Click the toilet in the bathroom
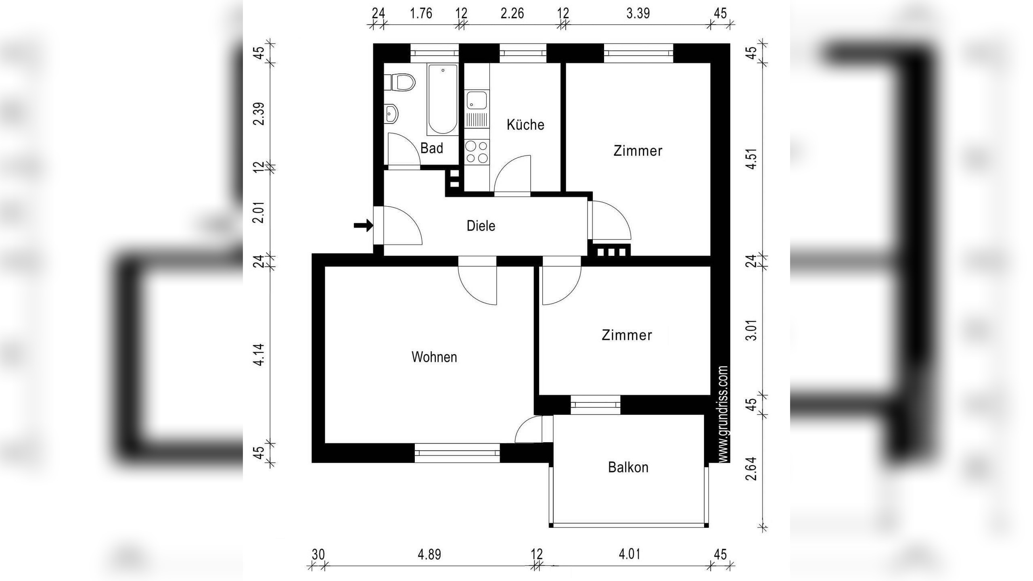point(401,82)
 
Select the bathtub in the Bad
point(443,99)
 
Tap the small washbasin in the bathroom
point(392,113)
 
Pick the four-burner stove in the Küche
point(477,152)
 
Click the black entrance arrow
point(363,226)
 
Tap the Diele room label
point(481,226)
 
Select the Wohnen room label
point(434,357)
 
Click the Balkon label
point(628,467)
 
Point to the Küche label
point(525,125)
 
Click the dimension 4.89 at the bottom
point(429,554)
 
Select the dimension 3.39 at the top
point(638,13)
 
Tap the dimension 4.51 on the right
point(751,159)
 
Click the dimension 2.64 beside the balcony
point(751,468)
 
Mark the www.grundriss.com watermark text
point(723,414)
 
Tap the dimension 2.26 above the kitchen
point(512,13)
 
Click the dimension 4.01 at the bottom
point(629,554)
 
